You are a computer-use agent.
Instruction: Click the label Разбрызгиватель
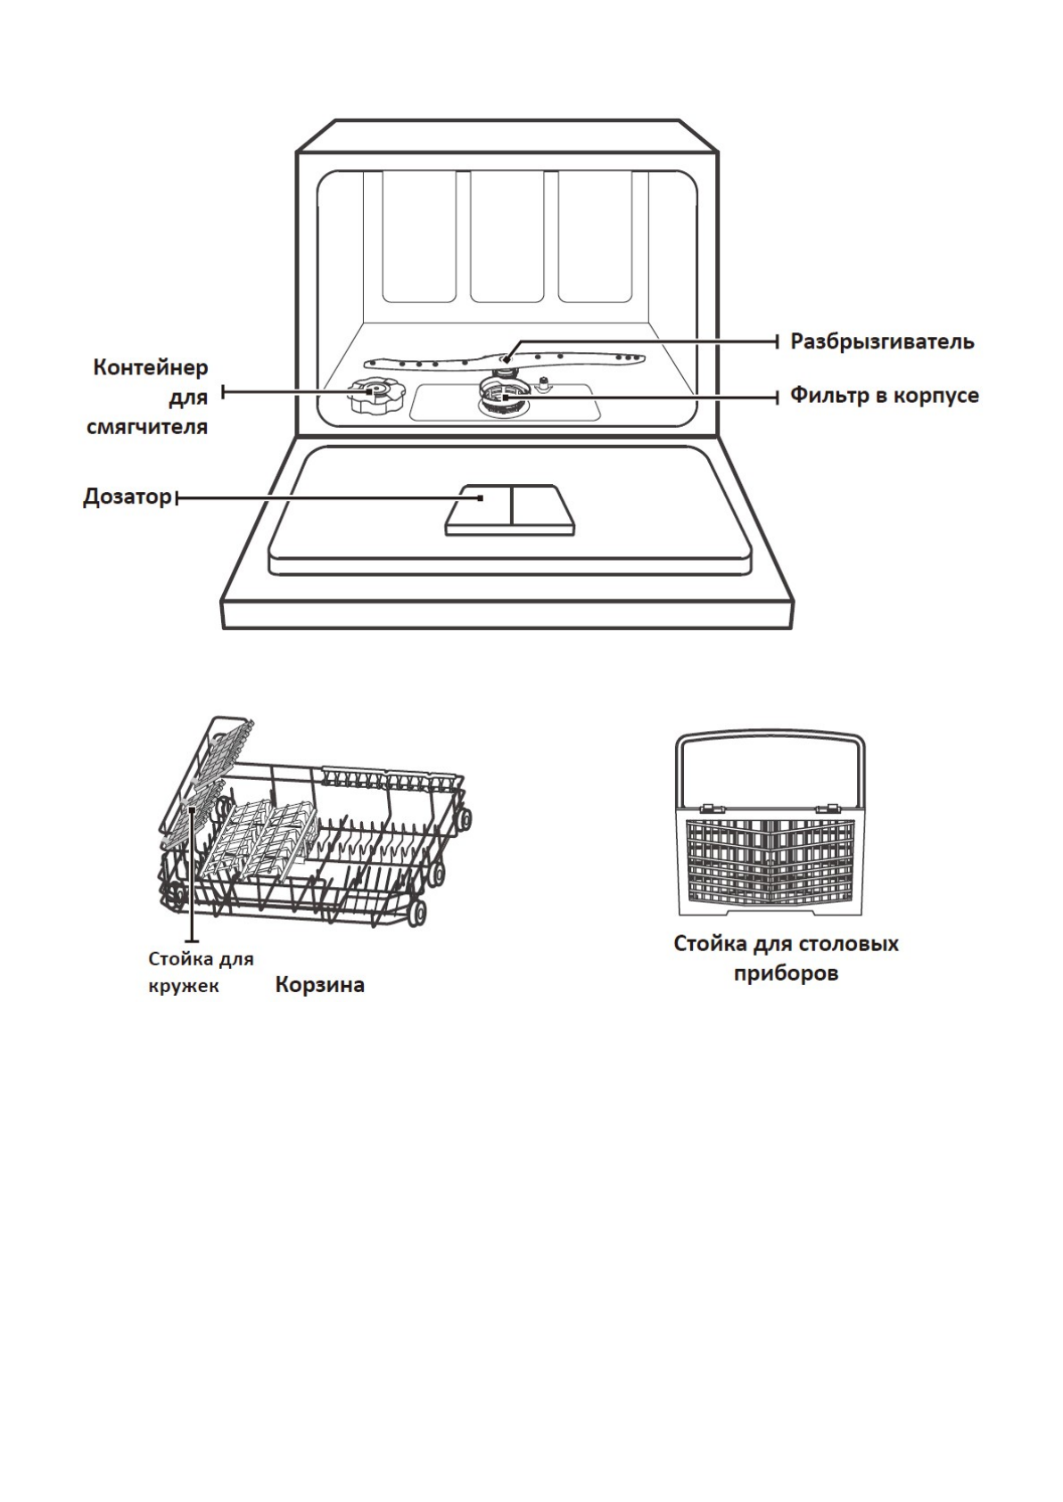(x=882, y=341)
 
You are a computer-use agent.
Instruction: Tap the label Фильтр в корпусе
(x=884, y=395)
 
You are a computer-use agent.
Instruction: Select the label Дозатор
(x=127, y=497)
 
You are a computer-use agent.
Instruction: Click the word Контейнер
(x=151, y=367)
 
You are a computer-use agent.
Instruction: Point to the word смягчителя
(x=147, y=426)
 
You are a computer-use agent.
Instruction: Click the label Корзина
(x=319, y=985)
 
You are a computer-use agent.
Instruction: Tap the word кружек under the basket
(x=183, y=987)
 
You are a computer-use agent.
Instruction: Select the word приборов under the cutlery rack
(x=786, y=973)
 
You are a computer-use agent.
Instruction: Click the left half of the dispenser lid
(x=479, y=509)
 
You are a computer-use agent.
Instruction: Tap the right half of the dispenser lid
(x=541, y=509)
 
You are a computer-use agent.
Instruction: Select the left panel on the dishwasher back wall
(x=419, y=236)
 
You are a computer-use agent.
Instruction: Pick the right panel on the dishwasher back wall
(x=596, y=236)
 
